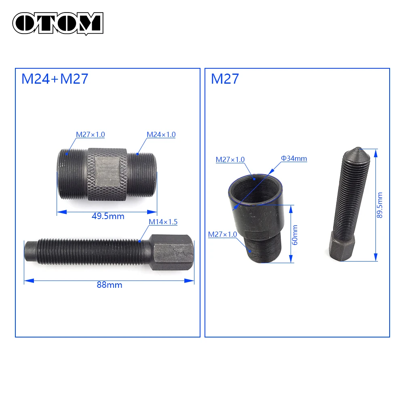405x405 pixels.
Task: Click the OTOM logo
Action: [58, 23]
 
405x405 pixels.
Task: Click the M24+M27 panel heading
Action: [55, 79]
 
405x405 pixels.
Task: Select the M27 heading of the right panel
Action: [225, 79]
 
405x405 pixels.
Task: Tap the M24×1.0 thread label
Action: [161, 135]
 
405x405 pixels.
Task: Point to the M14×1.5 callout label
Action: [163, 221]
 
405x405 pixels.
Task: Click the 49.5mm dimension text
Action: [108, 216]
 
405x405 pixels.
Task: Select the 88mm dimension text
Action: [109, 285]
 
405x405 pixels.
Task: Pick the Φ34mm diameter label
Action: [294, 159]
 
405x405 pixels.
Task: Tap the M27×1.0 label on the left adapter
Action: [91, 135]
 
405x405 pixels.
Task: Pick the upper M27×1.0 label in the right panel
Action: [230, 160]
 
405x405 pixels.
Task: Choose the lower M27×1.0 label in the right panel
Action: [222, 234]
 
